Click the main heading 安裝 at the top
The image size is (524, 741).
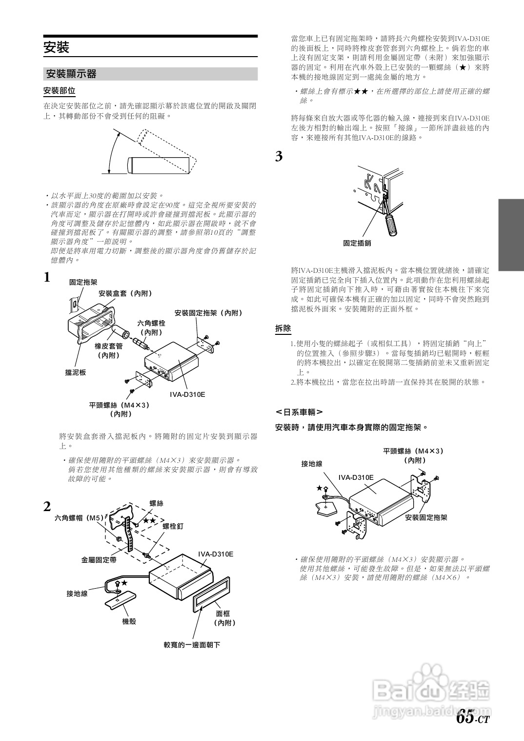(57, 47)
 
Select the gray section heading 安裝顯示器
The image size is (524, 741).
(71, 74)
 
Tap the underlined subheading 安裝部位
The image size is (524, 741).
(59, 91)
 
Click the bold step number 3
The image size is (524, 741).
(279, 157)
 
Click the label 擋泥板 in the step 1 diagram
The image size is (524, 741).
(76, 372)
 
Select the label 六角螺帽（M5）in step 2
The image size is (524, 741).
(79, 518)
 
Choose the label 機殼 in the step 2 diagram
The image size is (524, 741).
(129, 621)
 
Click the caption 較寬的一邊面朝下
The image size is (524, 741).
(192, 645)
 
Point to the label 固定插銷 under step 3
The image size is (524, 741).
(357, 243)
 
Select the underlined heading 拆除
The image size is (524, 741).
(283, 329)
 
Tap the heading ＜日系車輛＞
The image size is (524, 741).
(299, 412)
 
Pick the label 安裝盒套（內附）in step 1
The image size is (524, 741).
(125, 293)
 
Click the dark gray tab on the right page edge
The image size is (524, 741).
(511, 235)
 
